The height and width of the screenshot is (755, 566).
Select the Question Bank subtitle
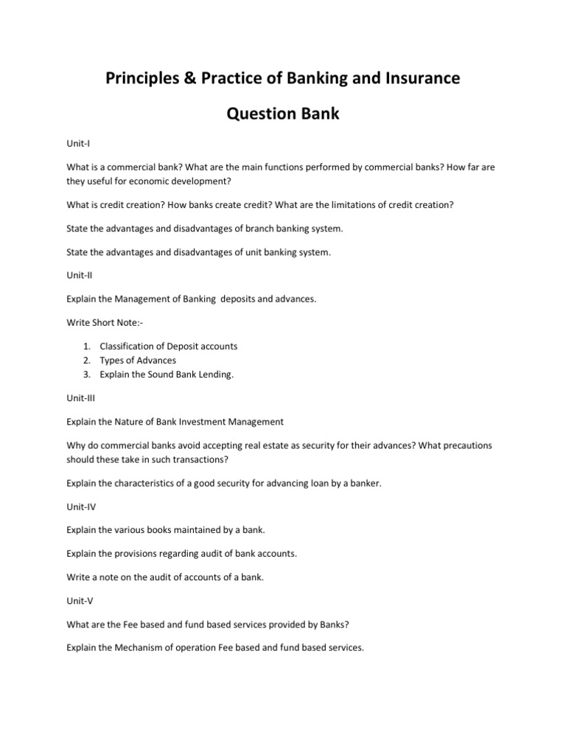click(283, 114)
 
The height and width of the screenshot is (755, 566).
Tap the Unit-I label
click(77, 145)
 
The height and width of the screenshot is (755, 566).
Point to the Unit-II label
click(79, 275)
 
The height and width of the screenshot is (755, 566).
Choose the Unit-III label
click(80, 398)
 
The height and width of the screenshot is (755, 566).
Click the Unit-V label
click(79, 601)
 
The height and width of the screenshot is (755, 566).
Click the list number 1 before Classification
click(86, 346)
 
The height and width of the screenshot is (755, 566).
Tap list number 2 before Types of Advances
click(86, 360)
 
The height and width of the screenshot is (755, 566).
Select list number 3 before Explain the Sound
click(86, 374)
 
